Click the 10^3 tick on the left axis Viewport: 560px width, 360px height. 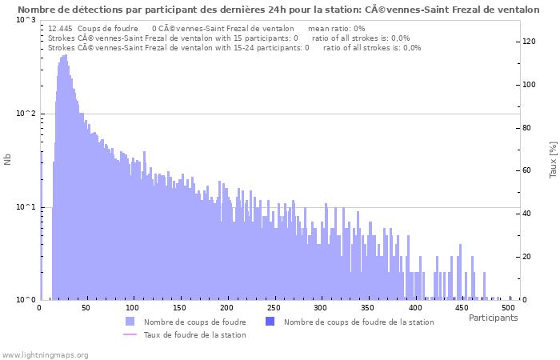click(x=25, y=20)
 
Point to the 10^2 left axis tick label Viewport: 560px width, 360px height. click(x=25, y=114)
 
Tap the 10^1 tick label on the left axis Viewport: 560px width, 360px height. click(x=25, y=207)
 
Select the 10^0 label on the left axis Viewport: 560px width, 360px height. click(x=25, y=300)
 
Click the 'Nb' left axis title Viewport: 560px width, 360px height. click(x=8, y=160)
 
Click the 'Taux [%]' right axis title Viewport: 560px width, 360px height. click(x=552, y=160)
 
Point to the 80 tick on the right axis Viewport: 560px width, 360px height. click(x=527, y=128)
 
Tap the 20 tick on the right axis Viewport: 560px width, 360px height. click(x=527, y=257)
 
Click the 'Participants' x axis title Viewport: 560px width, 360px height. click(x=493, y=318)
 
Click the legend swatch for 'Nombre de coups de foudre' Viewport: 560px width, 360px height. click(x=130, y=322)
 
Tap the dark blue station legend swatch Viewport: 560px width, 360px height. click(x=270, y=322)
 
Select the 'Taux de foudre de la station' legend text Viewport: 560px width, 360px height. click(x=194, y=334)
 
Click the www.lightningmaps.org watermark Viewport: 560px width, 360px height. click(x=45, y=354)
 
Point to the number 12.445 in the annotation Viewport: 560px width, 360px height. click(x=61, y=28)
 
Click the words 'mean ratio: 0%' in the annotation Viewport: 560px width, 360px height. click(x=336, y=28)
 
